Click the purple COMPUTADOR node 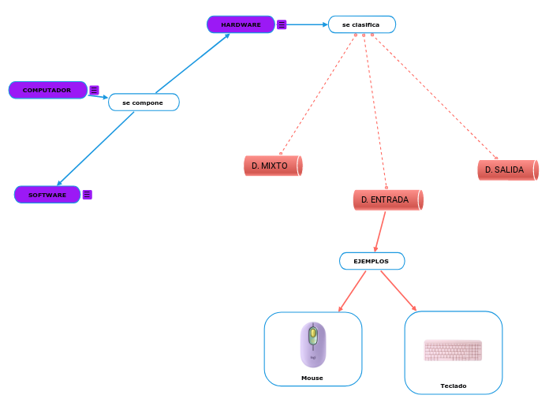(x=47, y=90)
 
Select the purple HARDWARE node (x=241, y=24)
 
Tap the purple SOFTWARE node (x=47, y=195)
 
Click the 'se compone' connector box (x=144, y=102)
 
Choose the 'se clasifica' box (x=361, y=24)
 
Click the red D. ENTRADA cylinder (x=387, y=200)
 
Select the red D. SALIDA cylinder (x=506, y=170)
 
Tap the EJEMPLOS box (x=372, y=261)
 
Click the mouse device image (x=312, y=344)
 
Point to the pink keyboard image (x=453, y=350)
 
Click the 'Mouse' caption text (x=312, y=378)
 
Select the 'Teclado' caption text (x=453, y=386)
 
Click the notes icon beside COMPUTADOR (x=94, y=90)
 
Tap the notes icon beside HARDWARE (x=282, y=24)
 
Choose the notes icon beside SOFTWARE (x=87, y=195)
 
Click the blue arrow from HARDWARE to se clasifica (x=308, y=24)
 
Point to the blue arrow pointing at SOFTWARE (x=95, y=150)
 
